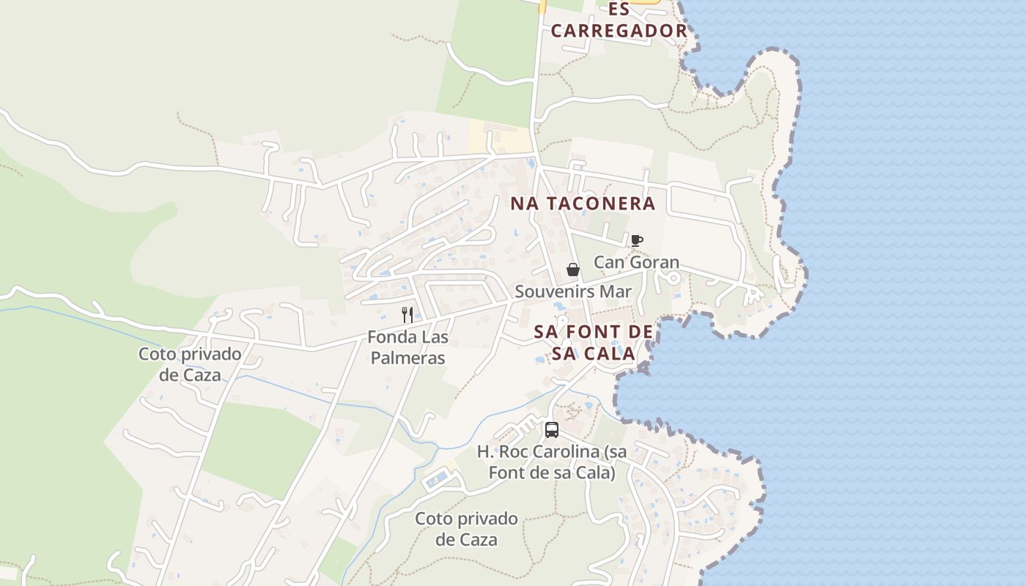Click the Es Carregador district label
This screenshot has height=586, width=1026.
point(619,21)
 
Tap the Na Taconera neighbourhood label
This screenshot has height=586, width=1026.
point(583,204)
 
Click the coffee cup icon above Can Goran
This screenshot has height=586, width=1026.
point(636,240)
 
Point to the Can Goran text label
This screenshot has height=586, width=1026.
point(636,262)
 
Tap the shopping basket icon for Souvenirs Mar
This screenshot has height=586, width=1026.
point(573,270)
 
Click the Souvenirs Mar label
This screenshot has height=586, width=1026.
point(573,292)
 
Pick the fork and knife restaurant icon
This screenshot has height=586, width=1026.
point(407,315)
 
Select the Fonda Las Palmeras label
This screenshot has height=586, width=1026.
point(407,348)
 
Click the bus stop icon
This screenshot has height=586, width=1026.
point(552,430)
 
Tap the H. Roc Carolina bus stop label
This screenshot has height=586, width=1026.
point(552,462)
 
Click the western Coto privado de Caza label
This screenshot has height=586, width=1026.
point(190,365)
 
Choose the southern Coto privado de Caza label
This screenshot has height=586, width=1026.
point(466,530)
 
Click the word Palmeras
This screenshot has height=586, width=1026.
point(407,358)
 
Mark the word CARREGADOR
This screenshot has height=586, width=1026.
point(619,31)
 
